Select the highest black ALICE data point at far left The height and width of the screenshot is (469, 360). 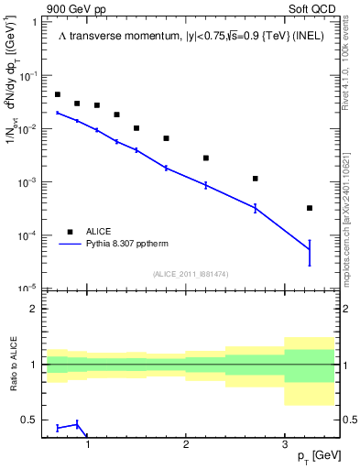pyautogui.click(x=58, y=94)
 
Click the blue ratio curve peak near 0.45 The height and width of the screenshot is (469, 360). pyautogui.click(x=77, y=423)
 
